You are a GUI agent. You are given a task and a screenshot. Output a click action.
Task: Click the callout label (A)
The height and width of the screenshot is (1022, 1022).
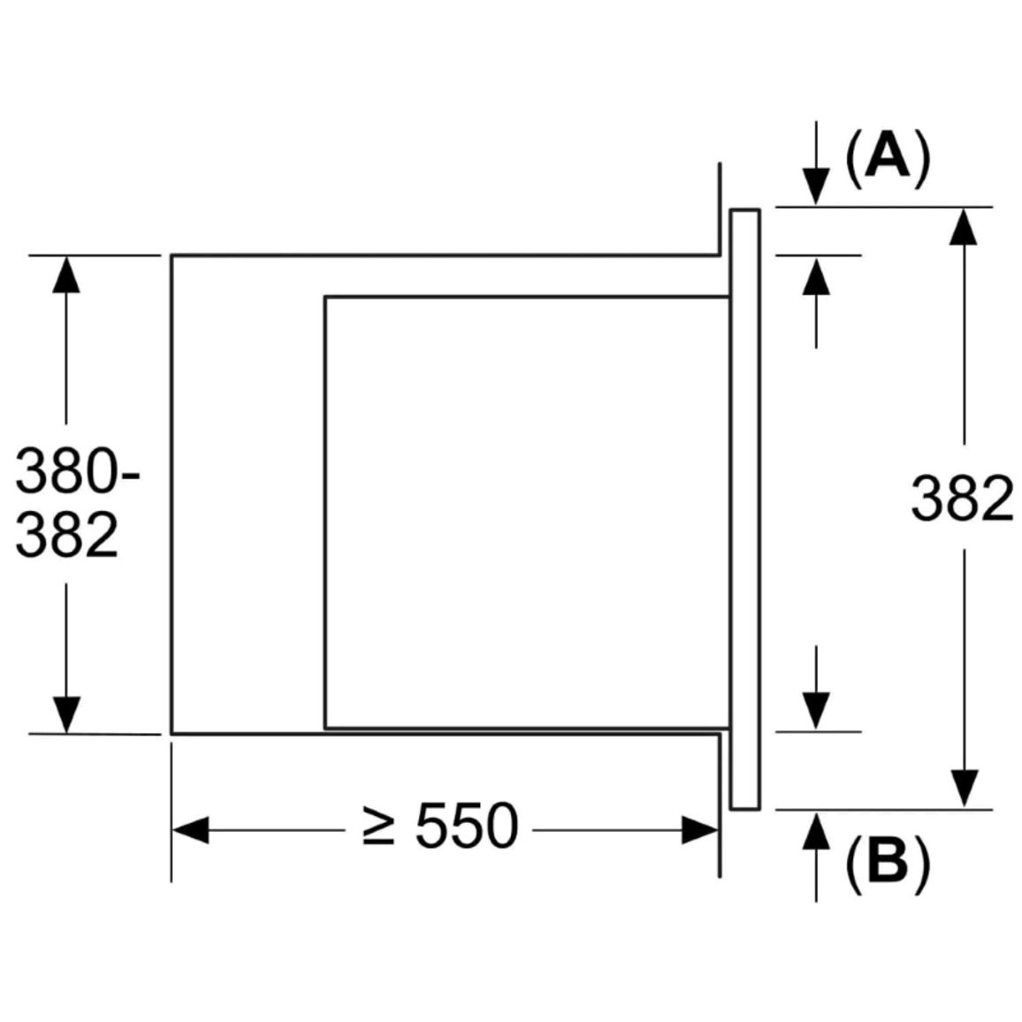click(888, 157)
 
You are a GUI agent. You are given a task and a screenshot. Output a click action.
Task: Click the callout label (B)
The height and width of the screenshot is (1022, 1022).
click(888, 859)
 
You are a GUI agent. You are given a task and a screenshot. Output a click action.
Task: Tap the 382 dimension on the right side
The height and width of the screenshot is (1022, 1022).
click(962, 498)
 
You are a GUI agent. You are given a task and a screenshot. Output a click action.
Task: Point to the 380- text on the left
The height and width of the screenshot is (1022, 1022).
click(77, 470)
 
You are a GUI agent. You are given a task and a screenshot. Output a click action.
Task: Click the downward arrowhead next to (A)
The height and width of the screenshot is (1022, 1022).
click(816, 187)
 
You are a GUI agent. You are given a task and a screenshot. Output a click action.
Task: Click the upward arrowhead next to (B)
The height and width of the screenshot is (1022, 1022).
click(816, 830)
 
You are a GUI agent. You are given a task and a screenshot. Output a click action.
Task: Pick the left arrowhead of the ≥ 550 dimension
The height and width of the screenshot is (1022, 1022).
click(190, 830)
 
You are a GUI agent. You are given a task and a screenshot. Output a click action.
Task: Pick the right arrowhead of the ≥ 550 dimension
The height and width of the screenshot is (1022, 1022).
click(700, 830)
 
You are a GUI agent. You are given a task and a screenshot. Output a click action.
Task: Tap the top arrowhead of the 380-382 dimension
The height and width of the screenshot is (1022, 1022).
click(65, 274)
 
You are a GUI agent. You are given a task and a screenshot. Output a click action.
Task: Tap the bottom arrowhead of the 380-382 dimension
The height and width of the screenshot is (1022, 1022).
click(65, 715)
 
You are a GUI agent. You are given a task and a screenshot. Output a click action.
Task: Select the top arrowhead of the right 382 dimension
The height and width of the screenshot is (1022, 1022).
click(964, 227)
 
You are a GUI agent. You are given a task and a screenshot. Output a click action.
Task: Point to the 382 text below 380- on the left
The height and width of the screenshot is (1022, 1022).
click(66, 535)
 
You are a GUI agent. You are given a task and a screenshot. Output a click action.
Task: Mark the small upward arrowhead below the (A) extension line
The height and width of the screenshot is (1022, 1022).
click(816, 276)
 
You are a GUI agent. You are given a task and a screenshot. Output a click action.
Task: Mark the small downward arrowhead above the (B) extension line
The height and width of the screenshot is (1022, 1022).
click(816, 712)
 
